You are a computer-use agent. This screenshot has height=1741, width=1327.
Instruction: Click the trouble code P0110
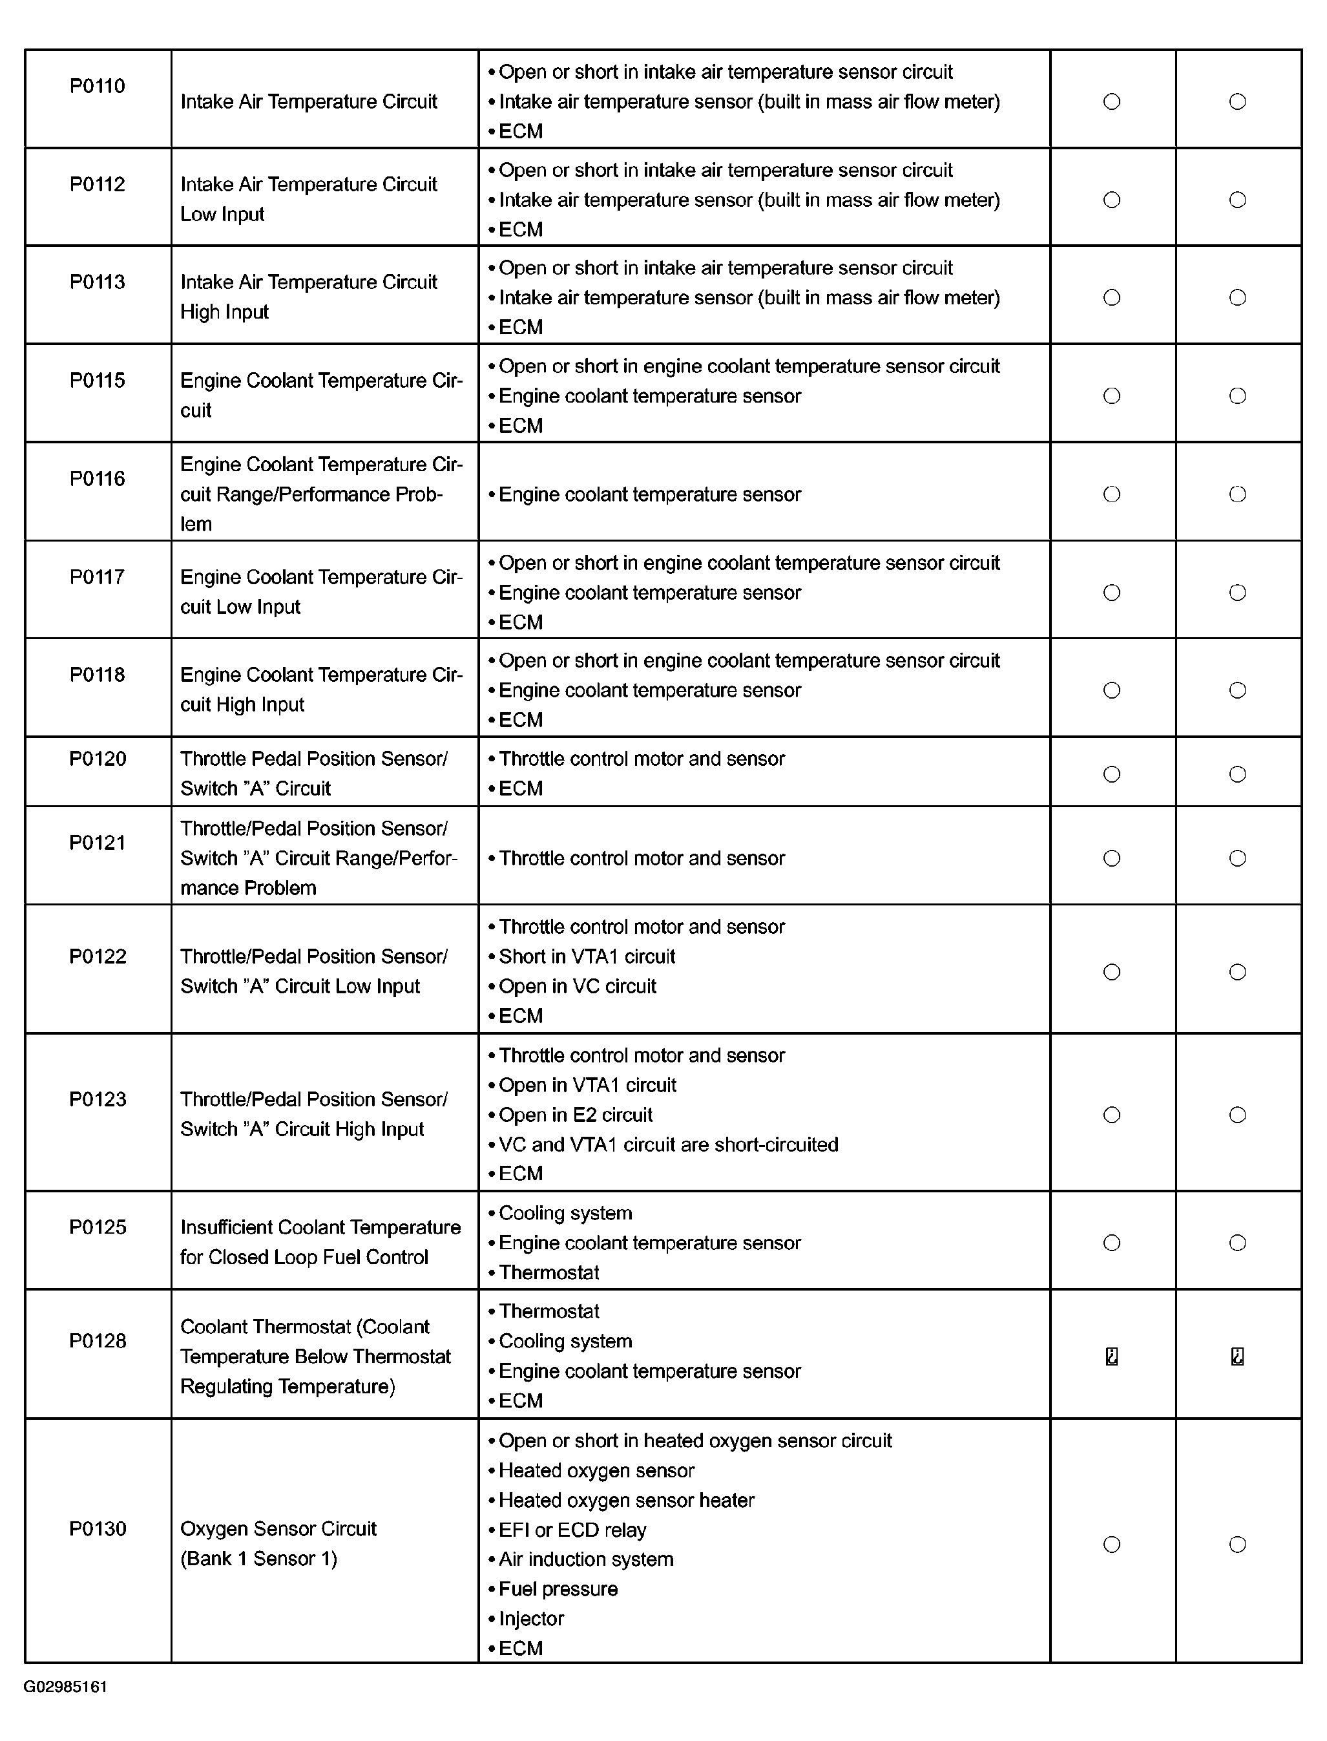[x=97, y=86]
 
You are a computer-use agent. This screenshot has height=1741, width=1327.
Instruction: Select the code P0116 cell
[x=97, y=479]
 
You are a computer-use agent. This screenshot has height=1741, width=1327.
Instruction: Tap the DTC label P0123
[x=97, y=1099]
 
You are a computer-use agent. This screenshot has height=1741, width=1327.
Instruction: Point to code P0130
[x=97, y=1528]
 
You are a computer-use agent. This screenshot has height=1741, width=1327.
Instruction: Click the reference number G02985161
[x=65, y=1687]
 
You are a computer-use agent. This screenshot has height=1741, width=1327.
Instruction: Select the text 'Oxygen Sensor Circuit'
[x=278, y=1528]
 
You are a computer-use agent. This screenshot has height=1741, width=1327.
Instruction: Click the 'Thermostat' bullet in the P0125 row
[x=549, y=1272]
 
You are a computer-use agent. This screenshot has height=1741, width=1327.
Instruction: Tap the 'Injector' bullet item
[x=531, y=1619]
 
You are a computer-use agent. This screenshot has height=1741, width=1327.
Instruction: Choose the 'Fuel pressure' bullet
[x=558, y=1588]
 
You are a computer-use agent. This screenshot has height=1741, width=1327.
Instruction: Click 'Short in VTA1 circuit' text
[x=587, y=956]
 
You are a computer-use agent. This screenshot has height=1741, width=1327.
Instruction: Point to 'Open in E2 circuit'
[x=575, y=1115]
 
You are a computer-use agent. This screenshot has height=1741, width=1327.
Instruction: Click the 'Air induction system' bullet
[x=585, y=1559]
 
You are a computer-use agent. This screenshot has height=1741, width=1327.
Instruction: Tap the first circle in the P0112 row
[x=1111, y=200]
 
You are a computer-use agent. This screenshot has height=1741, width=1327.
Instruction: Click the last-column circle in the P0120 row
[x=1237, y=774]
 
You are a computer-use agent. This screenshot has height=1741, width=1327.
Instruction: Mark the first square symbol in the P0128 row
[x=1111, y=1356]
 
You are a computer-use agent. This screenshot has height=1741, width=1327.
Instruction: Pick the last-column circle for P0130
[x=1237, y=1545]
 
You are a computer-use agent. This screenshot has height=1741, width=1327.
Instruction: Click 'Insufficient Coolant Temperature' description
[x=320, y=1227]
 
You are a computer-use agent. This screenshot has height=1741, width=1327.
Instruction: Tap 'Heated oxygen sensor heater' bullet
[x=627, y=1499]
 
